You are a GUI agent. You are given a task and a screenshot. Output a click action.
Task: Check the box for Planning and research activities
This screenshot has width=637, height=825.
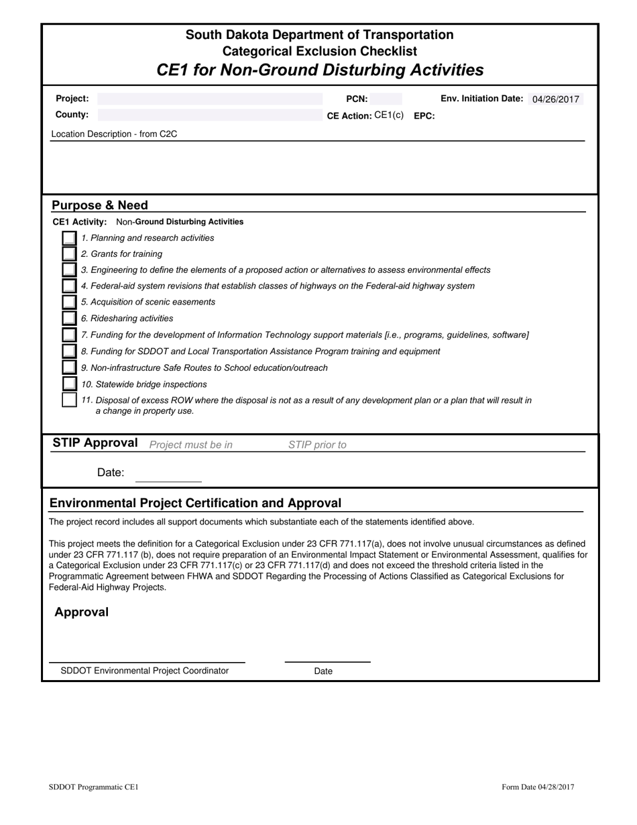(x=69, y=238)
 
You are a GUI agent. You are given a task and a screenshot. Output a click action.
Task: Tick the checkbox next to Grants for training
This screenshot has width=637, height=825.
(x=69, y=254)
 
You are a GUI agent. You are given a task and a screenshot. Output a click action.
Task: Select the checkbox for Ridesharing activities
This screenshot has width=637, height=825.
(x=69, y=319)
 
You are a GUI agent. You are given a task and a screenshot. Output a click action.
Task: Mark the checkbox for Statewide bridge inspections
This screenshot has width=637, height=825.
(x=69, y=384)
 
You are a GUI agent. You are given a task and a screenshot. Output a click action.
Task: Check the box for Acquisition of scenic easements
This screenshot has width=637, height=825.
(x=69, y=302)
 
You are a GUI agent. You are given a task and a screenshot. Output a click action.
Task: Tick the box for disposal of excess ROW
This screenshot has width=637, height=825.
(x=69, y=400)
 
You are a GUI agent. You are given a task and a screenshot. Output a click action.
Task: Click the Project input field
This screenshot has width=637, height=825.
(x=209, y=99)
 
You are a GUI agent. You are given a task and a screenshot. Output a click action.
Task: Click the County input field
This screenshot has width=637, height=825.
(x=209, y=115)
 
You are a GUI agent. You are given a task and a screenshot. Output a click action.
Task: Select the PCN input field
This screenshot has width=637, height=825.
(x=386, y=99)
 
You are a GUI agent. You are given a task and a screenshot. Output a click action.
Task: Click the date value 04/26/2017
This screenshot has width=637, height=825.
(x=555, y=99)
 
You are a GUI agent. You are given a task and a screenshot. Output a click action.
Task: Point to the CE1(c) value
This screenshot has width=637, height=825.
(x=389, y=115)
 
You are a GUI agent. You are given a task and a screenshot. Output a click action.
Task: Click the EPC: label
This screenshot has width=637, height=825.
(x=424, y=115)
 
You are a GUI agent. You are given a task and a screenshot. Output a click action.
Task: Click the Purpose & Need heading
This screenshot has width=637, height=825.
(x=100, y=205)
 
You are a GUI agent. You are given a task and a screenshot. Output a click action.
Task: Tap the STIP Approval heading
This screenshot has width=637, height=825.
(x=95, y=443)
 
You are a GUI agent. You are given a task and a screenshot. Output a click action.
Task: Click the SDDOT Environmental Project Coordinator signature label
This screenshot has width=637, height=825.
(x=145, y=671)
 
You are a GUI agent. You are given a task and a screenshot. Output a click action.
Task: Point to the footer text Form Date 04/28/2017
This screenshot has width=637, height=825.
(x=538, y=787)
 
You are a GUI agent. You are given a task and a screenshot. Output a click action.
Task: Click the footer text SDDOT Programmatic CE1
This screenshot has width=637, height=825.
(x=94, y=787)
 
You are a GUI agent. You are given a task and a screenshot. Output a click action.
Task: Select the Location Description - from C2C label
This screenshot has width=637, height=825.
(x=115, y=134)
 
